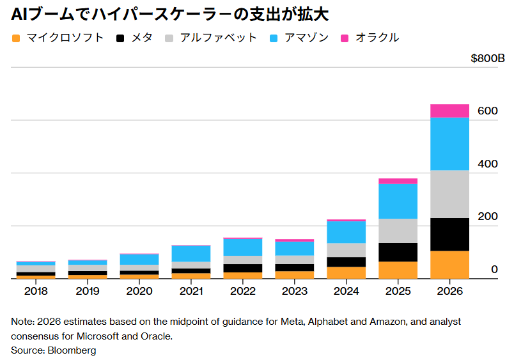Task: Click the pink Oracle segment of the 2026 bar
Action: [x=449, y=111]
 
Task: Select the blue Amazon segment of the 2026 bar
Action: [x=449, y=144]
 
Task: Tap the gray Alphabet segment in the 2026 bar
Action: [x=449, y=194]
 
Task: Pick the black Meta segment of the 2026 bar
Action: [x=449, y=234]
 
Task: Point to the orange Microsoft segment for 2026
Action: [x=449, y=265]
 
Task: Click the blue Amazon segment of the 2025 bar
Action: [x=398, y=201]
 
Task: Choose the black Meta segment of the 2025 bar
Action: [x=398, y=252]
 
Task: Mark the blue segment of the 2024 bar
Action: [x=346, y=232]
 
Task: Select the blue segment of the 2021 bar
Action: [x=191, y=253]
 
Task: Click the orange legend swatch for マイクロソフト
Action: [x=17, y=38]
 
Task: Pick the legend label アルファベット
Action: [x=218, y=38]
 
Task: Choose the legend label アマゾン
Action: [x=308, y=38]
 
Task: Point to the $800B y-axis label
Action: [x=488, y=59]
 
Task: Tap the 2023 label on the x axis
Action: [x=294, y=291]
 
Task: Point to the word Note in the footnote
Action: [x=21, y=321]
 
